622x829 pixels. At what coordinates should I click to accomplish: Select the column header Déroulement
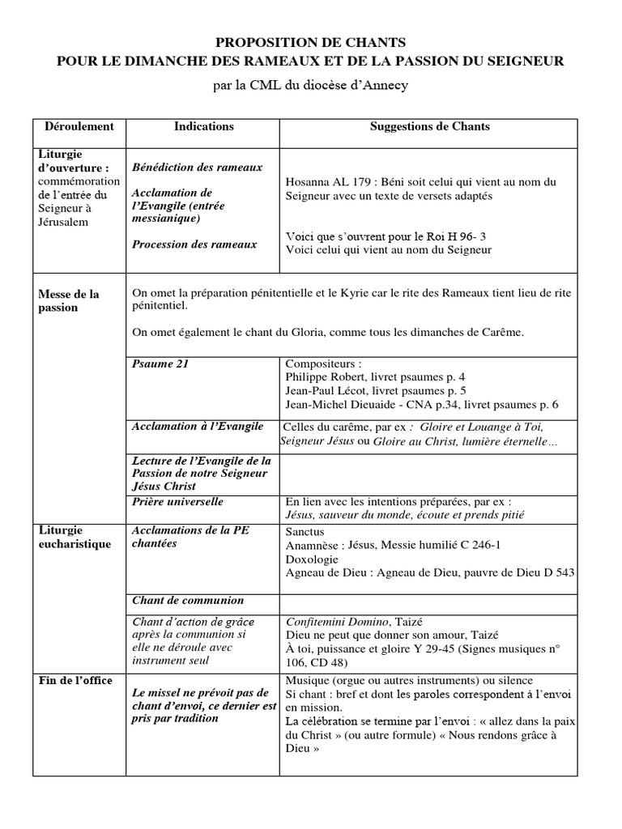tap(79, 126)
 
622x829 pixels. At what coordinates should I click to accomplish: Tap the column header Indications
tap(204, 126)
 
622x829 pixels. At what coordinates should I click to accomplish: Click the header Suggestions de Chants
tap(429, 126)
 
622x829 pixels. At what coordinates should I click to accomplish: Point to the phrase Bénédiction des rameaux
tap(198, 167)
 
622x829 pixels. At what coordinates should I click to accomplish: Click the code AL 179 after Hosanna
tap(347, 182)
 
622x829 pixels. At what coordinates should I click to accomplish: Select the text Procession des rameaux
tap(194, 244)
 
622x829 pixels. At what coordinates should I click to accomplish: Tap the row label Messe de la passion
tap(69, 301)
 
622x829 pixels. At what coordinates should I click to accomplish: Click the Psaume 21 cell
tap(160, 363)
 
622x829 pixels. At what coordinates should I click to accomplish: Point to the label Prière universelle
tap(177, 502)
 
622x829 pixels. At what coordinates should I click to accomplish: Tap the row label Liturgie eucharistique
tap(75, 538)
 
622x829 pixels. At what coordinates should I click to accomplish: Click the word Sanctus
tap(305, 533)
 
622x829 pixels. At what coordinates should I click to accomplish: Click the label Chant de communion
tap(188, 601)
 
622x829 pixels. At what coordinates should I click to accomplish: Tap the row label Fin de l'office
tap(75, 679)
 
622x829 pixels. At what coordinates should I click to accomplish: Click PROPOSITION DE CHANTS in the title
tap(310, 41)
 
